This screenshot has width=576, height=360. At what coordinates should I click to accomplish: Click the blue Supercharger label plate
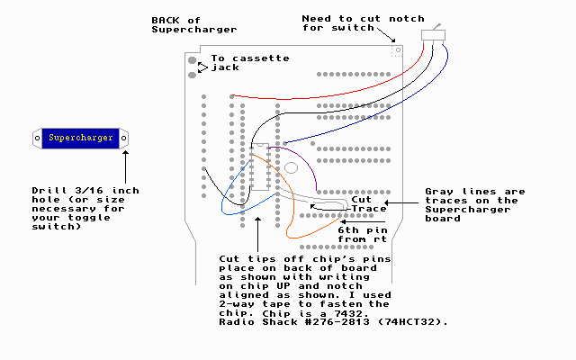[81, 138]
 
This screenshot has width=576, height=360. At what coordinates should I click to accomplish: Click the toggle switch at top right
[433, 34]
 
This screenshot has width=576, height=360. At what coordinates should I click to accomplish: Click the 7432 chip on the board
[261, 166]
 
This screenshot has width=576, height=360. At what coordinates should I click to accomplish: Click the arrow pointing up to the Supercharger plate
[125, 166]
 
